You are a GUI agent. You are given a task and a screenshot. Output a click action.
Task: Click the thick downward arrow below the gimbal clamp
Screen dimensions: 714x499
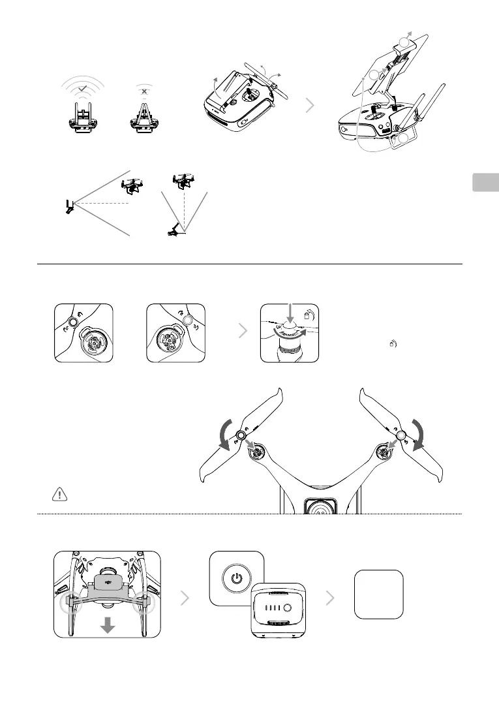tap(108, 625)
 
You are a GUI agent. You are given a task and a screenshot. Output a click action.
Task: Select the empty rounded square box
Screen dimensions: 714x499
tap(378, 594)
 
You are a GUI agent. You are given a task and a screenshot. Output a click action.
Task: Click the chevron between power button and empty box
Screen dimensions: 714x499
tap(331, 595)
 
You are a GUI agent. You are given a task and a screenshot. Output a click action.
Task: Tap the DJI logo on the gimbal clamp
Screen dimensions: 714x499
tap(108, 580)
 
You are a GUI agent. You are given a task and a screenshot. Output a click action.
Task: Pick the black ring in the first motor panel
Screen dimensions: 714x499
tap(72, 322)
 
